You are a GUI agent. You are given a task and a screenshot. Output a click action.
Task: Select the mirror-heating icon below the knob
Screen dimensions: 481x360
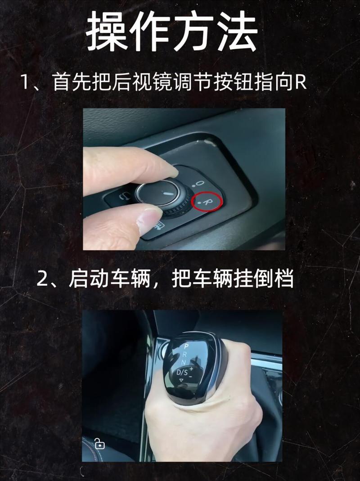(x=158, y=225)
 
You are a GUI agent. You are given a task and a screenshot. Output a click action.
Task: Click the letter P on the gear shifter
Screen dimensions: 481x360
(x=186, y=346)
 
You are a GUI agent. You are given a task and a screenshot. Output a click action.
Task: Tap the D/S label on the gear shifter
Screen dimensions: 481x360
(x=182, y=372)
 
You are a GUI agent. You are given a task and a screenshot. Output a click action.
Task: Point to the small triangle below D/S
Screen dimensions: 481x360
(x=182, y=381)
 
